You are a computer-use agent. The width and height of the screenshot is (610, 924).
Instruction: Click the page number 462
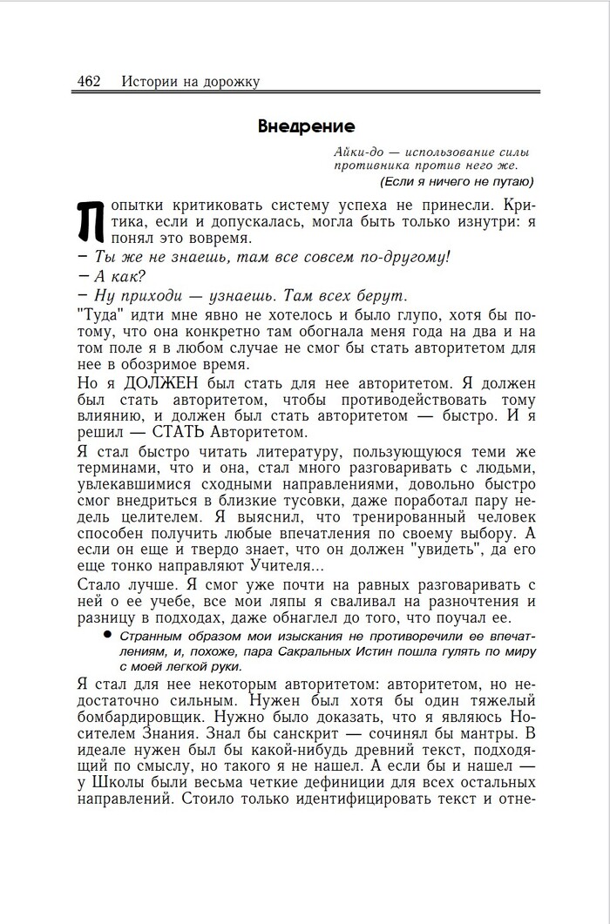tap(89, 82)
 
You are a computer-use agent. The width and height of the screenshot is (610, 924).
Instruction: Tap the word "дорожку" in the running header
tap(229, 82)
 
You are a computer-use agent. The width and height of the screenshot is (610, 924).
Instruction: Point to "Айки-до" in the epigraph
tap(356, 152)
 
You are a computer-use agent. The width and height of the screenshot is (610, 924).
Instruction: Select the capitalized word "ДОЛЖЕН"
tap(160, 383)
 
